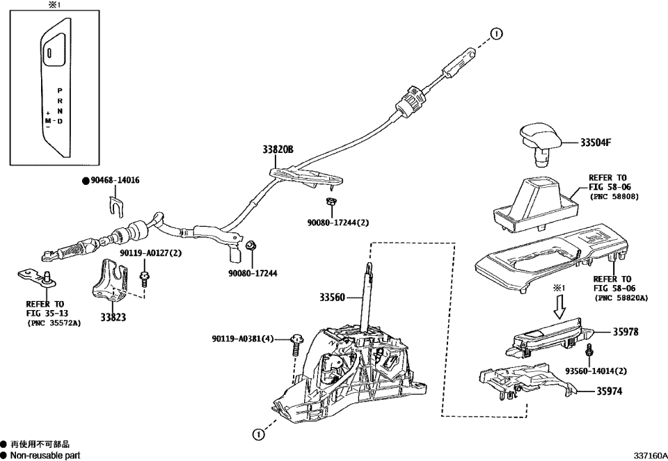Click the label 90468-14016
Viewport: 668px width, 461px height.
[x=115, y=180]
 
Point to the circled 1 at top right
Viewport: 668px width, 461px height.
[x=495, y=33]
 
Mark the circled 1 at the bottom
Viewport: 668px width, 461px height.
[x=258, y=435]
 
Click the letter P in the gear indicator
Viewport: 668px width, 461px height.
[x=60, y=91]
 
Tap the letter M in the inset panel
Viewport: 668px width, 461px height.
[x=48, y=121]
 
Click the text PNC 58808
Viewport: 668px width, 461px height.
[x=614, y=197]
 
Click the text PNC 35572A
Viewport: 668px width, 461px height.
[x=53, y=323]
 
